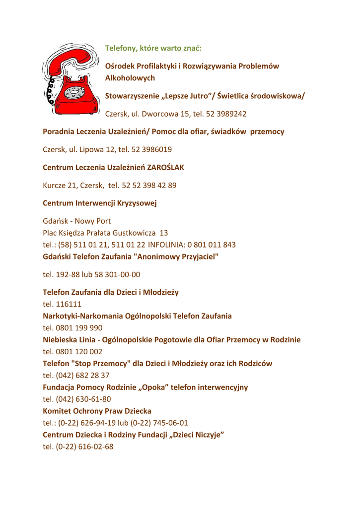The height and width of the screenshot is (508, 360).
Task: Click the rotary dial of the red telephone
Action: click(75, 93)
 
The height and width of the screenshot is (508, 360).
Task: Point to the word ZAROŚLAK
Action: click(165, 168)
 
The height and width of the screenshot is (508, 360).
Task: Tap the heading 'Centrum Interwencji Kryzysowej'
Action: click(100, 203)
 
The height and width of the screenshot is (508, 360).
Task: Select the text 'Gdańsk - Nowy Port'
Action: click(77, 221)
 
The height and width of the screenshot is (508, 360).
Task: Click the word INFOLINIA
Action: click(166, 245)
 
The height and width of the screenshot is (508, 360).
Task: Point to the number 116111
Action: click(70, 304)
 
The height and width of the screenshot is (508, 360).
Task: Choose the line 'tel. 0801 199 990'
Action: click(73, 328)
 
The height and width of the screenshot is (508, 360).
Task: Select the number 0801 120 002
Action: click(80, 352)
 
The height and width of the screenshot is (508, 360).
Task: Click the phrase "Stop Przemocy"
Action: click(101, 364)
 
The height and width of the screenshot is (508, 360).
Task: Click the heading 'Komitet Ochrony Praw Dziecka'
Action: click(97, 411)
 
